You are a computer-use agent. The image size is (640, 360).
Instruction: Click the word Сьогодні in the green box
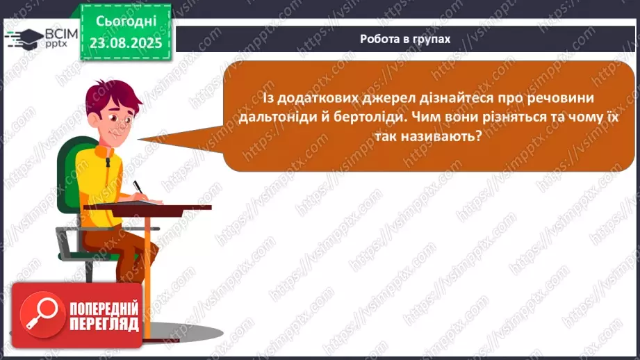[x=126, y=22]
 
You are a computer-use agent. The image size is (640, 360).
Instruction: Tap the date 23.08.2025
[x=126, y=43]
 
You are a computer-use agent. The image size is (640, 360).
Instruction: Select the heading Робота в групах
[x=405, y=39]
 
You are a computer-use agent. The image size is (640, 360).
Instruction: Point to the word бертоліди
[x=371, y=117]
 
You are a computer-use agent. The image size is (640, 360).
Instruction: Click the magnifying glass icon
[x=42, y=314]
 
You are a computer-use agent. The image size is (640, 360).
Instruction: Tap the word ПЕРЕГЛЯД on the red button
[x=104, y=325]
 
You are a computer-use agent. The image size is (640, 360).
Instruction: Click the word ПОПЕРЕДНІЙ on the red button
[x=104, y=309]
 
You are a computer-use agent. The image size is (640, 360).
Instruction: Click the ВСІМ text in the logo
[x=61, y=34]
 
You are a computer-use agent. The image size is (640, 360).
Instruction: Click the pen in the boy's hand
[x=139, y=188]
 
